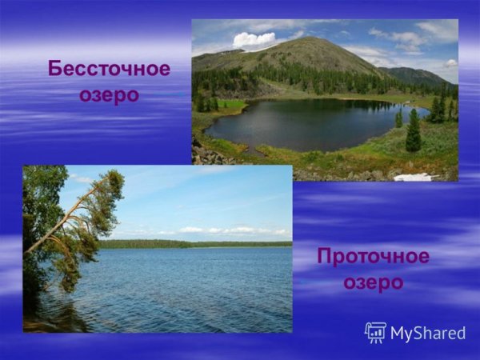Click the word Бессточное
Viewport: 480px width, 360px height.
click(x=109, y=68)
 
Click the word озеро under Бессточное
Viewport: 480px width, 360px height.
click(x=109, y=94)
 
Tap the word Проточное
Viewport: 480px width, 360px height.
click(x=373, y=257)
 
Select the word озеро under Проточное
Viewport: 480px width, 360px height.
click(x=373, y=283)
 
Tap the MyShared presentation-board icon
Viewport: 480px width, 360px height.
click(x=375, y=333)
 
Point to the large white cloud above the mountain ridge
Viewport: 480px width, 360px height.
click(x=254, y=39)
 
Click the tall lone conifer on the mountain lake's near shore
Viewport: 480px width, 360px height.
click(x=413, y=132)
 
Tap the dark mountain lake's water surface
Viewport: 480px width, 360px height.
click(x=304, y=124)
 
